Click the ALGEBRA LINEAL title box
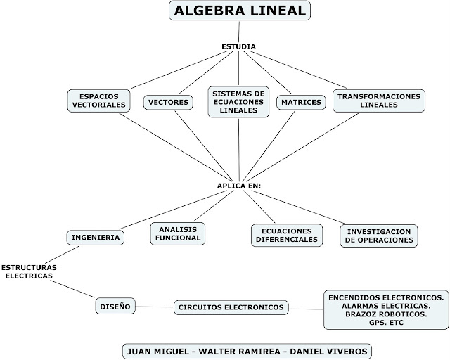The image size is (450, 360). pyautogui.click(x=239, y=12)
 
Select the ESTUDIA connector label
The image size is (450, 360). pyautogui.click(x=239, y=47)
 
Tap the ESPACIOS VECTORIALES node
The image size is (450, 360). pyautogui.click(x=98, y=100)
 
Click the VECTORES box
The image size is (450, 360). pyautogui.click(x=168, y=103)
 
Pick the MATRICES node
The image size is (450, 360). pyautogui.click(x=300, y=103)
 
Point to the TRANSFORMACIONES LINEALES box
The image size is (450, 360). pyautogui.click(x=378, y=100)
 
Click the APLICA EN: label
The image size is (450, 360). pyautogui.click(x=239, y=186)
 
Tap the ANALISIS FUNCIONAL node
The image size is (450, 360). pyautogui.click(x=176, y=233)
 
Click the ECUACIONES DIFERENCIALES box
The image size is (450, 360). pyautogui.click(x=286, y=234)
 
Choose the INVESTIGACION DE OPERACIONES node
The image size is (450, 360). pyautogui.click(x=379, y=235)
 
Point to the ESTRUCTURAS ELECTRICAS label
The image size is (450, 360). pyautogui.click(x=29, y=272)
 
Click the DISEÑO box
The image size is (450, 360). pyautogui.click(x=115, y=307)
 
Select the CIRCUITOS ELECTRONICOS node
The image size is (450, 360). pyautogui.click(x=231, y=307)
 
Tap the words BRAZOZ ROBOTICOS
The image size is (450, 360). pyautogui.click(x=385, y=314)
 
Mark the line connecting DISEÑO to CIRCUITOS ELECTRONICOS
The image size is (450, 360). pyautogui.click(x=155, y=307)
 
